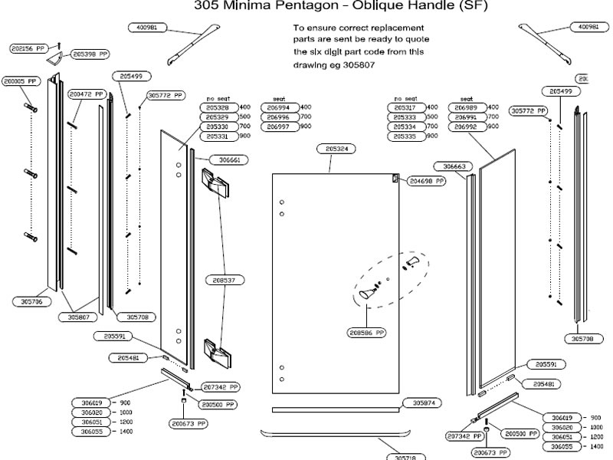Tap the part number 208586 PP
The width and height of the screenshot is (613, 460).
click(x=368, y=333)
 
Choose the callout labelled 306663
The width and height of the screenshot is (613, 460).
click(x=450, y=166)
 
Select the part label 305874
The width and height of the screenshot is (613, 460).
click(x=423, y=402)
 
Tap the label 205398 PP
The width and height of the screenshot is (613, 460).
click(x=90, y=54)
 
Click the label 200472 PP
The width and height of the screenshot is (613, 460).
click(x=85, y=94)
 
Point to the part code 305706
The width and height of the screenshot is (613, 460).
click(x=31, y=301)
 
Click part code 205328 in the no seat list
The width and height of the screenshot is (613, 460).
click(x=218, y=107)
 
